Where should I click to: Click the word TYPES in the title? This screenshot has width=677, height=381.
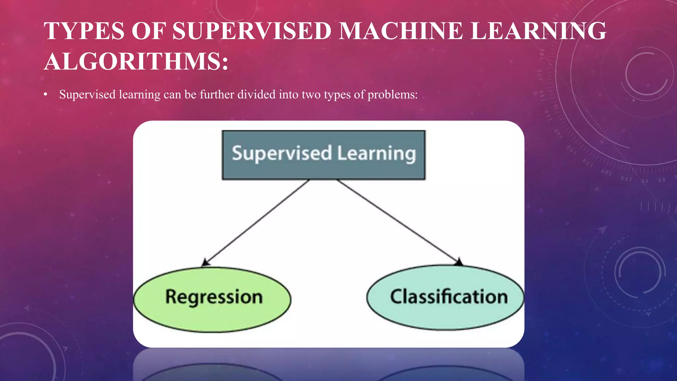click(84, 31)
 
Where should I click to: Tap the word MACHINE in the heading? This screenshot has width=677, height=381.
click(401, 31)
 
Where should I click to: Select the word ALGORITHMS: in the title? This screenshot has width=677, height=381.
click(136, 62)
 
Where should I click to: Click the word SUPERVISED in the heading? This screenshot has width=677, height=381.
click(252, 31)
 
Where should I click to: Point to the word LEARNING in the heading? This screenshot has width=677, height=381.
click(538, 31)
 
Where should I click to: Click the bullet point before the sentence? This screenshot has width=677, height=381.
click(46, 95)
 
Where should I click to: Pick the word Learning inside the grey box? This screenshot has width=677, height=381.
click(377, 154)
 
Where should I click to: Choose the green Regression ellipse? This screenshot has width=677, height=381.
click(212, 299)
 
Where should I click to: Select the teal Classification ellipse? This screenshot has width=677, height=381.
click(445, 297)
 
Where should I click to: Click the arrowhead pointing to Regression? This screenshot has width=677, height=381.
click(205, 263)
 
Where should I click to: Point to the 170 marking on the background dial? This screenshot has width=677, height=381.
click(540, 75)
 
